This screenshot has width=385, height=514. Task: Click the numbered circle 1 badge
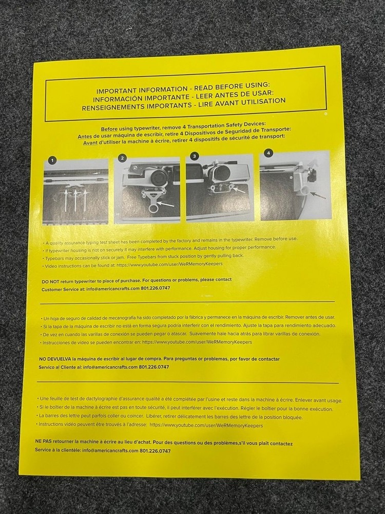pyautogui.click(x=52, y=160)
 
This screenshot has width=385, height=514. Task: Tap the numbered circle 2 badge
pyautogui.click(x=123, y=158)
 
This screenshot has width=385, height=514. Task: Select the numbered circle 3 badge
pyautogui.click(x=195, y=156)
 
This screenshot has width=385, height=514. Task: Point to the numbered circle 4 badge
pyautogui.click(x=268, y=153)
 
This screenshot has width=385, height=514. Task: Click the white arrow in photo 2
pyautogui.click(x=166, y=205)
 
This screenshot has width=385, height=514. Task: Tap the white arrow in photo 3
pyautogui.click(x=239, y=190)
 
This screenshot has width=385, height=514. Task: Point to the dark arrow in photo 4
pyautogui.click(x=318, y=195)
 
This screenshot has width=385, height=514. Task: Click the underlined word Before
pyautogui.click(x=109, y=129)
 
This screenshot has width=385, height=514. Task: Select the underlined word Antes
pyautogui.click(x=85, y=136)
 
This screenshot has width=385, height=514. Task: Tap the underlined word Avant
pyautogui.click(x=90, y=143)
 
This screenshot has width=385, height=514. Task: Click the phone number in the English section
pyautogui.click(x=155, y=288)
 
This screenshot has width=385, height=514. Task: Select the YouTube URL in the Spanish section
pyautogui.click(x=197, y=342)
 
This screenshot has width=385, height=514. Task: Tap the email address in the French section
pyautogui.click(x=110, y=450)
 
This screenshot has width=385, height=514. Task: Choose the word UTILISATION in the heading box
pyautogui.click(x=263, y=102)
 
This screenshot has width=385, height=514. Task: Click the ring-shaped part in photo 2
pyautogui.click(x=153, y=207)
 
